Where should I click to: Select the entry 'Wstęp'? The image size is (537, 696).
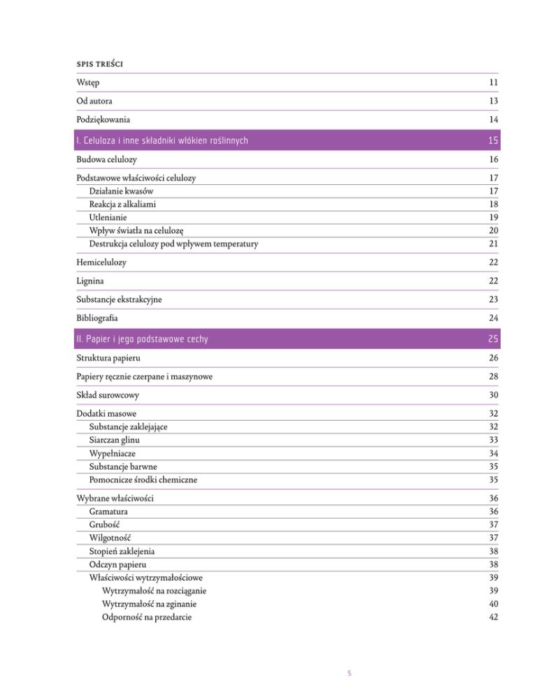[88, 83]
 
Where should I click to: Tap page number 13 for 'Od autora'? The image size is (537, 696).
[493, 101]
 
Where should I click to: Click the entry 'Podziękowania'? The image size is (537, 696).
[105, 119]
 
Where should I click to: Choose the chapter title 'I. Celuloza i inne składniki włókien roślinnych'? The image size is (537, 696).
[162, 143]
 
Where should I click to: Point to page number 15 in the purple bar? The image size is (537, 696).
[492, 143]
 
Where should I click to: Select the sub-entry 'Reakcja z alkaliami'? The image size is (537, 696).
[123, 204]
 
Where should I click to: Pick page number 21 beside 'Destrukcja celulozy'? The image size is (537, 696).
[493, 244]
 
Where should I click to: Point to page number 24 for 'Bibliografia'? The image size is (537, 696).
[493, 316]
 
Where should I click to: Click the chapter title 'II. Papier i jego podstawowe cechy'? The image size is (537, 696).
[143, 340]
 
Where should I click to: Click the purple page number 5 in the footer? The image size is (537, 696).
[350, 674]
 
